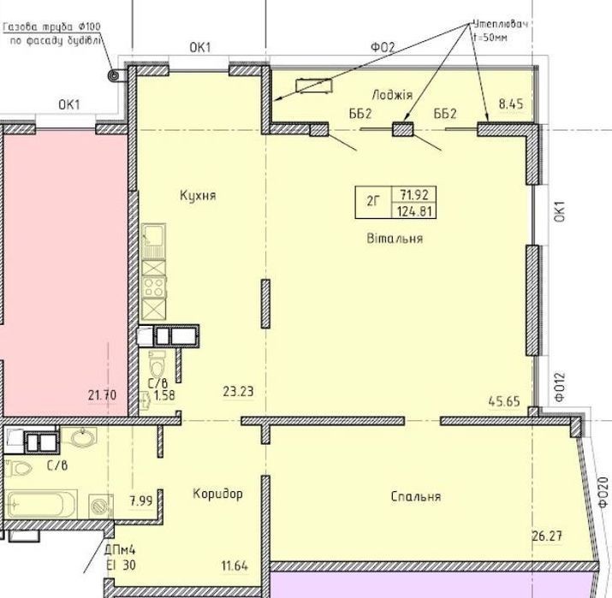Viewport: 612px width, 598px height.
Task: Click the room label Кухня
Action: pyautogui.click(x=198, y=195)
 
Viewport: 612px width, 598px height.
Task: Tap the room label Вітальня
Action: pyautogui.click(x=395, y=238)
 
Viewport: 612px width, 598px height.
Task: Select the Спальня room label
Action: pyautogui.click(x=416, y=496)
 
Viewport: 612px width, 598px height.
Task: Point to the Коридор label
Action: pyautogui.click(x=217, y=494)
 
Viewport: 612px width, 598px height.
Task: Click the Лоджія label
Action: pyautogui.click(x=392, y=95)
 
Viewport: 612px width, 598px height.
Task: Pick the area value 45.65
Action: pyautogui.click(x=504, y=401)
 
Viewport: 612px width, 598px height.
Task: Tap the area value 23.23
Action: pyautogui.click(x=238, y=391)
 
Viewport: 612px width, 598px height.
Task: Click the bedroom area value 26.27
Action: pyautogui.click(x=547, y=536)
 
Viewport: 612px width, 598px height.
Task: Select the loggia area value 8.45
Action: pyautogui.click(x=511, y=104)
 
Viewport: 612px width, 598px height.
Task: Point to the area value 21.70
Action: pyautogui.click(x=102, y=395)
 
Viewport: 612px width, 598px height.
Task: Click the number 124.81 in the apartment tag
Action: pyautogui.click(x=414, y=211)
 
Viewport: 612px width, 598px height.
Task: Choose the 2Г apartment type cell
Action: pyautogui.click(x=372, y=202)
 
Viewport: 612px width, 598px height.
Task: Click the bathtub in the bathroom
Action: pyautogui.click(x=41, y=505)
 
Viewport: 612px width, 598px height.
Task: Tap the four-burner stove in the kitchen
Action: pyautogui.click(x=154, y=287)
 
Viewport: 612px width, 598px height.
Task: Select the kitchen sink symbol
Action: pyautogui.click(x=154, y=240)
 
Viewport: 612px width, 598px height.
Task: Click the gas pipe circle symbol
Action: pyautogui.click(x=115, y=75)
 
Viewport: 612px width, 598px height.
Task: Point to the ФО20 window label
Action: pyautogui.click(x=603, y=492)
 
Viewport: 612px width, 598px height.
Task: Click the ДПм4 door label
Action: pyautogui.click(x=120, y=551)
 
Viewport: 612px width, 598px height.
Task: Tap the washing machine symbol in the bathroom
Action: pyautogui.click(x=101, y=506)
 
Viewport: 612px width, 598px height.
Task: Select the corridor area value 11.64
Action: pyautogui.click(x=235, y=565)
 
